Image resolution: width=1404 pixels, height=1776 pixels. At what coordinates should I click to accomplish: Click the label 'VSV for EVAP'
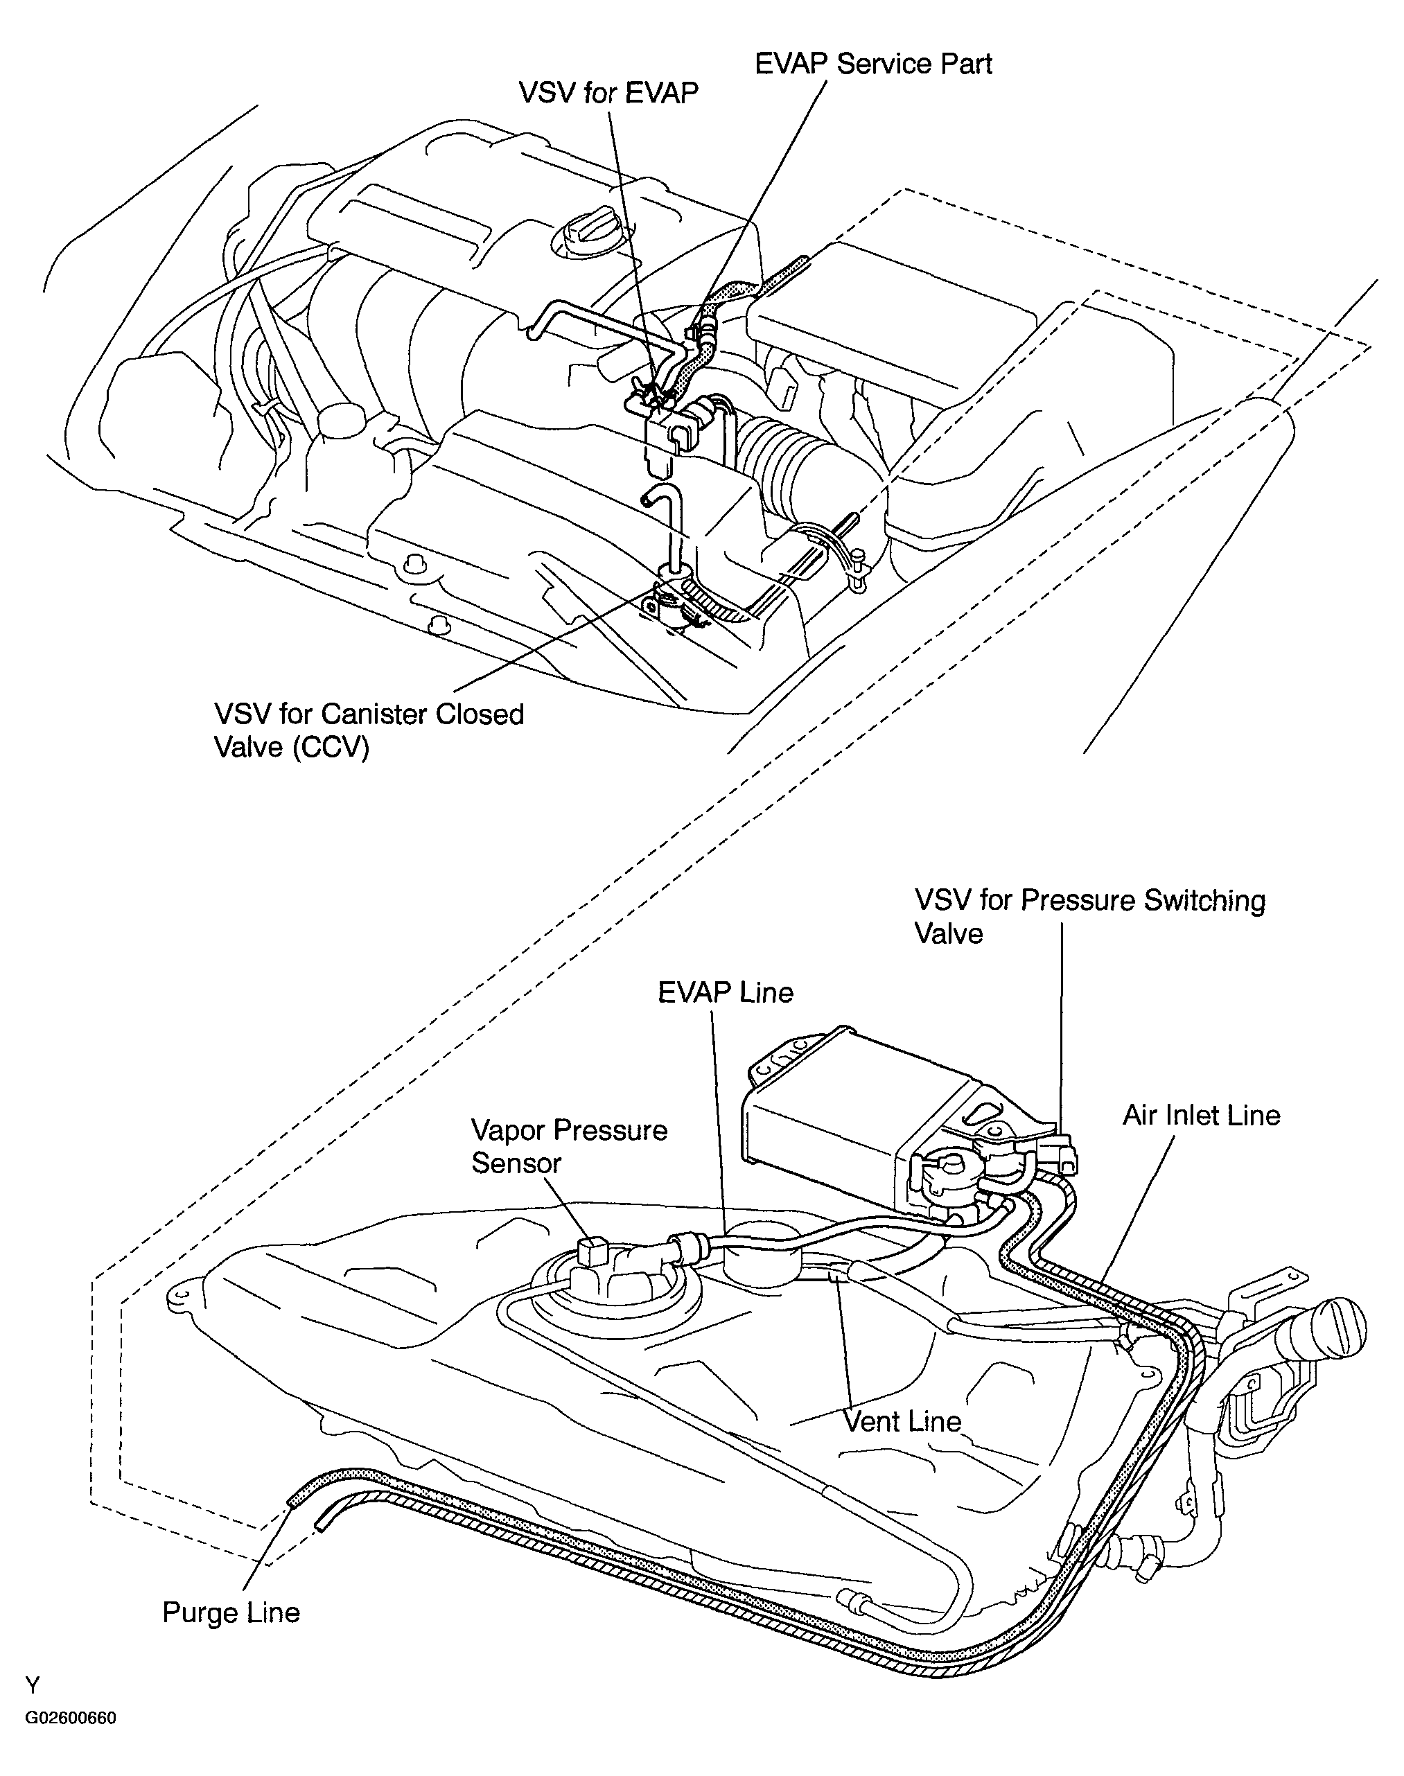click(608, 93)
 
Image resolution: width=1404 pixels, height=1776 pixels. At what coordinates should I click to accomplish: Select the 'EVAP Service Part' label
click(873, 64)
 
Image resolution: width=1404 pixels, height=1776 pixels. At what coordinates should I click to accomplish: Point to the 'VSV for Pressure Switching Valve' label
click(1090, 916)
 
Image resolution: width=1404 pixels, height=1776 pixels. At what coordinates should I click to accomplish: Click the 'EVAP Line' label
click(726, 993)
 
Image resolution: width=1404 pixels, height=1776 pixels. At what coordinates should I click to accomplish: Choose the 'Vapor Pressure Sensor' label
click(569, 1147)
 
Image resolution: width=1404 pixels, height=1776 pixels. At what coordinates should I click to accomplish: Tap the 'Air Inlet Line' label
click(1202, 1115)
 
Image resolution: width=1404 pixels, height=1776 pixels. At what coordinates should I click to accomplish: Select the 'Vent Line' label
click(902, 1422)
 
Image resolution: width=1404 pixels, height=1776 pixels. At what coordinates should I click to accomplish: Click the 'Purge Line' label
click(231, 1612)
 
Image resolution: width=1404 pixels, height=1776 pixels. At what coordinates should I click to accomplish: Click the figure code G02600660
click(71, 1718)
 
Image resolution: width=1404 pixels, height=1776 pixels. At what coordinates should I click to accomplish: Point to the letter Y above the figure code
click(32, 1687)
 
